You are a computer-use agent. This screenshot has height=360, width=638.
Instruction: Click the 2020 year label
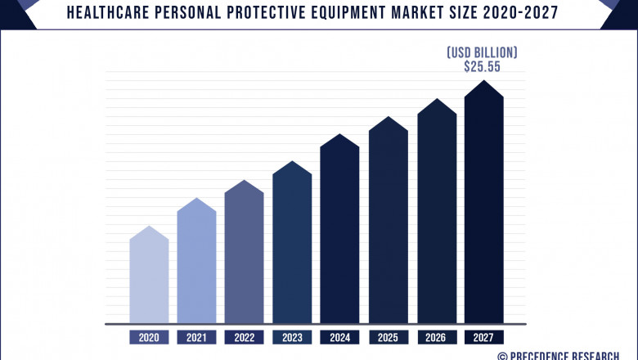pyautogui.click(x=149, y=337)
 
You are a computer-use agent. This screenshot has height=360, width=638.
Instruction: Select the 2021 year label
pyautogui.click(x=196, y=337)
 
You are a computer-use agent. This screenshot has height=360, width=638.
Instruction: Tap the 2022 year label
pyautogui.click(x=245, y=337)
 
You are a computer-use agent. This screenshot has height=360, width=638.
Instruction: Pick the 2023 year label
pyautogui.click(x=292, y=337)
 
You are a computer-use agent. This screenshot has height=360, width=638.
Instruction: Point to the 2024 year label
pyautogui.click(x=339, y=337)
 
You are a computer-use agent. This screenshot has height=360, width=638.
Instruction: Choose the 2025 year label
pyautogui.click(x=388, y=337)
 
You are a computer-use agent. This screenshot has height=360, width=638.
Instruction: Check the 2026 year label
pyautogui.click(x=437, y=337)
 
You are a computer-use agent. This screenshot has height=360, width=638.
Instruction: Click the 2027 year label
pyautogui.click(x=484, y=337)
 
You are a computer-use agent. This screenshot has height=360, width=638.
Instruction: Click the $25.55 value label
pyautogui.click(x=482, y=67)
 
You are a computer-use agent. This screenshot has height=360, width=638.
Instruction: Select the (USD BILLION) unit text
pyautogui.click(x=482, y=52)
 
